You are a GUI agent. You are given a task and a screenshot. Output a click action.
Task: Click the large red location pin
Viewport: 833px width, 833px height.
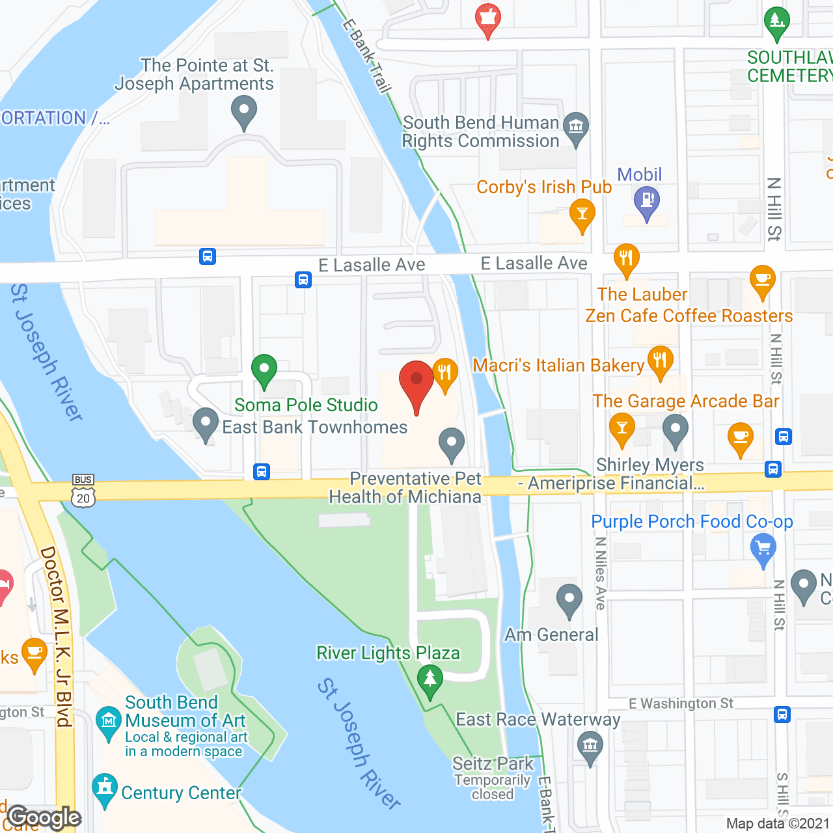point(416,384)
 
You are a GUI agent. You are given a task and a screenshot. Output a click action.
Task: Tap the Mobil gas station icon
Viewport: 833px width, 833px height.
point(646,202)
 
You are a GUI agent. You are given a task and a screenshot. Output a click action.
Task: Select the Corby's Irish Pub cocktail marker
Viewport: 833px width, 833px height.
point(582,215)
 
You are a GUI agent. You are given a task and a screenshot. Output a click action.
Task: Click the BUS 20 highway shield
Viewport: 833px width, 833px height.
point(83,492)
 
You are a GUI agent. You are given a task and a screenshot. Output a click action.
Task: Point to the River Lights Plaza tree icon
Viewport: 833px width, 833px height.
point(430,681)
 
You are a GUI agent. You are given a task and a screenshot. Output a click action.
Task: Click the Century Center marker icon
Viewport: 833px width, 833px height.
point(105,789)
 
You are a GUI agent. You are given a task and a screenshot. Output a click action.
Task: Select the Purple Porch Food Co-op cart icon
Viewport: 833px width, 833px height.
point(763,548)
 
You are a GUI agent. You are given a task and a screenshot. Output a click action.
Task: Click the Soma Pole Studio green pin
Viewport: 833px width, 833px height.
point(264,371)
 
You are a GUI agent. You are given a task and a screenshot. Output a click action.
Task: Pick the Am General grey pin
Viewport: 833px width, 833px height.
point(569,600)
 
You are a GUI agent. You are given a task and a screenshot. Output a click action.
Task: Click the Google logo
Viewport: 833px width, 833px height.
point(44,817)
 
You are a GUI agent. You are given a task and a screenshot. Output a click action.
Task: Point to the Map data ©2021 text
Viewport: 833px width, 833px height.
point(778,824)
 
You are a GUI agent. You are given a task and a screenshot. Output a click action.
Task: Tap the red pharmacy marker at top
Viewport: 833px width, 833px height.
point(487,20)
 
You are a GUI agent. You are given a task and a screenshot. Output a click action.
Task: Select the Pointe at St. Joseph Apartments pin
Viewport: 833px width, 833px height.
point(244,112)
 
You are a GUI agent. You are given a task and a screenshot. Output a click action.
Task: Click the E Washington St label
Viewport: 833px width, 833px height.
point(681,703)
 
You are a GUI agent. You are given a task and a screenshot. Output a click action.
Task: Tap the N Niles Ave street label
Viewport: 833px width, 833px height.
point(600,573)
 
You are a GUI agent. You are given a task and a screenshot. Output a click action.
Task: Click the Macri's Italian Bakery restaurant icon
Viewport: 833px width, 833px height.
point(660,362)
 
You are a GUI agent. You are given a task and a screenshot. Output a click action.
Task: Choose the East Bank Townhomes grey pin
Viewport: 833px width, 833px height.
point(206,424)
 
